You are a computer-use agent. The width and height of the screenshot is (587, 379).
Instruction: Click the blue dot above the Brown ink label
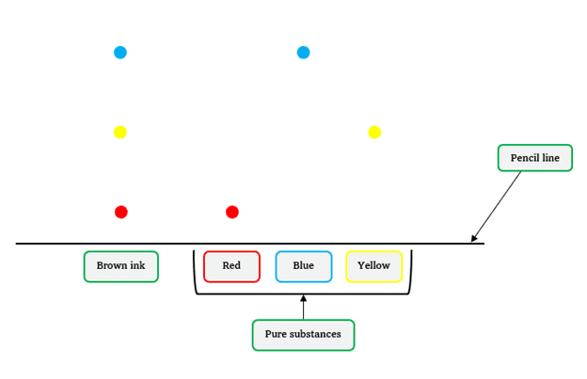(120, 53)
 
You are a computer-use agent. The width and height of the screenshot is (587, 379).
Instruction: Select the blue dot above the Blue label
(303, 53)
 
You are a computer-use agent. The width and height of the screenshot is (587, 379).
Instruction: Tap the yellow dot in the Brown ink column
(120, 132)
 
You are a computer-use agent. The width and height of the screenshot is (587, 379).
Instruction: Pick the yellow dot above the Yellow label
(374, 132)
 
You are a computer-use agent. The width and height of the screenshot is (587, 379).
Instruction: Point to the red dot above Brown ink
(121, 212)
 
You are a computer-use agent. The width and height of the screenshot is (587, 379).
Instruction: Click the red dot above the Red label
(232, 212)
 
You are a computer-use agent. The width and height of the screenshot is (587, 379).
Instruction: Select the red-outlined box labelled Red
(231, 266)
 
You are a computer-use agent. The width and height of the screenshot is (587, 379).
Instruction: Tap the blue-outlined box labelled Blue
(303, 266)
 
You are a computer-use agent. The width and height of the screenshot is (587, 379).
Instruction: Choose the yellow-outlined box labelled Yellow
(373, 266)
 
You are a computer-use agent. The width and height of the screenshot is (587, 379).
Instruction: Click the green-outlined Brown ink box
(120, 266)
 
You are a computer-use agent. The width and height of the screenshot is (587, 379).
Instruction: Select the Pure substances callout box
(303, 335)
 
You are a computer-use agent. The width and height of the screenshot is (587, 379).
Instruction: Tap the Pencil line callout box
(534, 158)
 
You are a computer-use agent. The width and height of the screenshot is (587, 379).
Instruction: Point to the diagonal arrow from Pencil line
(496, 207)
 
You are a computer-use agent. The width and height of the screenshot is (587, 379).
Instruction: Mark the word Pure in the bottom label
(277, 335)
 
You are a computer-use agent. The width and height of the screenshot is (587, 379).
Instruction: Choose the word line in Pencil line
(551, 158)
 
